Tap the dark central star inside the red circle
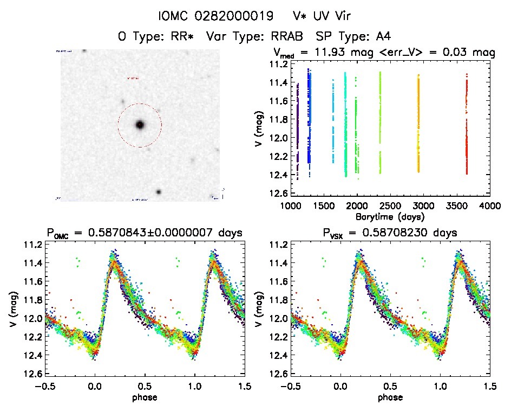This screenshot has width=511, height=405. pos(140,125)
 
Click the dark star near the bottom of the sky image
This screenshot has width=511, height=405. pos(159,192)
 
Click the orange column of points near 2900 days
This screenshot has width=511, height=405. pos(418,125)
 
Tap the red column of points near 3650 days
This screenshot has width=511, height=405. pos(467,125)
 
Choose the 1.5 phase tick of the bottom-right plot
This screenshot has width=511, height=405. pos(490,386)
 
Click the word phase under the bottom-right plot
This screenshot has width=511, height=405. pos(390,396)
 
